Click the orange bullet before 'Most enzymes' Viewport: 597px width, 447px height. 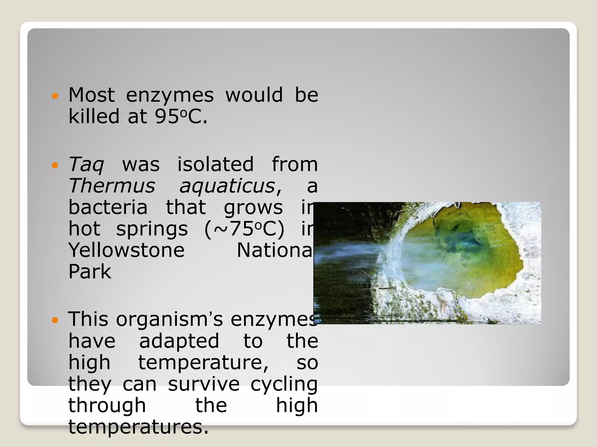point(55,96)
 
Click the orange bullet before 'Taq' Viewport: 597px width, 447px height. point(55,165)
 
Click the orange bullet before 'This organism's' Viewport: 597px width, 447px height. point(55,320)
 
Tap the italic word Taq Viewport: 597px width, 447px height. point(86,165)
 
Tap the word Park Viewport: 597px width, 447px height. point(90,272)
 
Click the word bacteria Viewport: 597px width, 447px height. point(108,207)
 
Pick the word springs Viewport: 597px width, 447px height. point(152,229)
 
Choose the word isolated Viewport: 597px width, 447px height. point(215,164)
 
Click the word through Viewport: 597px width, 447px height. point(107,406)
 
